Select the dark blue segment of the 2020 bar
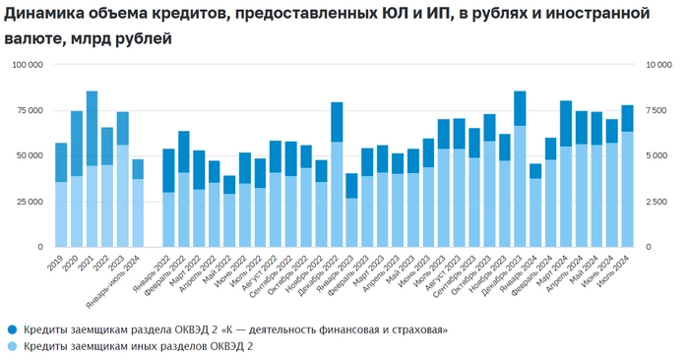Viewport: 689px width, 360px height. (x=77, y=144)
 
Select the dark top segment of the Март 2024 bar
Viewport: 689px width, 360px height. (x=566, y=123)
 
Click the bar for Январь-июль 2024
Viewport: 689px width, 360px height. (x=138, y=203)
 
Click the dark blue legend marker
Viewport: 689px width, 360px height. (x=12, y=329)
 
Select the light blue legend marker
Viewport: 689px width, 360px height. (x=12, y=345)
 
